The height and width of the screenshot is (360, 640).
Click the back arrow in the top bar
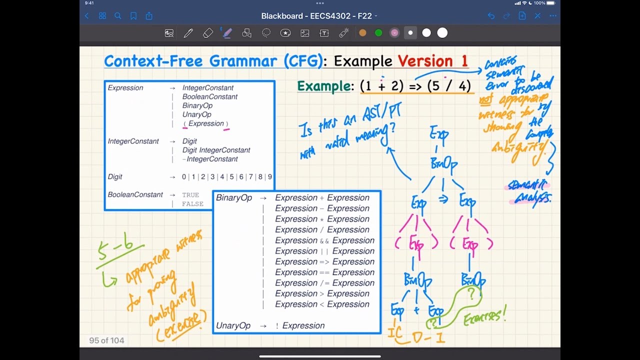(x=86, y=16)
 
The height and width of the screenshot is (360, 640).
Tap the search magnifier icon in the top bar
(x=118, y=16)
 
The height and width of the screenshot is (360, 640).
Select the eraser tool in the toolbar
(x=208, y=33)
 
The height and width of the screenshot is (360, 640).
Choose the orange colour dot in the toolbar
(x=362, y=33)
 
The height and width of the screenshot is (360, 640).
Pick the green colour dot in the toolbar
(x=378, y=33)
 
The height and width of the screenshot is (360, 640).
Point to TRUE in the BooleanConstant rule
(x=190, y=195)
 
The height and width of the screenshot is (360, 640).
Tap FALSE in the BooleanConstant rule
(x=192, y=204)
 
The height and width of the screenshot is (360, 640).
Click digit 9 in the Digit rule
(x=270, y=177)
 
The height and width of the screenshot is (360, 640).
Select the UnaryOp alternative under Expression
(x=196, y=114)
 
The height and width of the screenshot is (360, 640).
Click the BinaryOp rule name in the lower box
(x=234, y=198)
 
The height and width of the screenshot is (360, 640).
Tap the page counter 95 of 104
(x=106, y=340)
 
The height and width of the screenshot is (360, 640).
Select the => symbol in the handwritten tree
(x=443, y=200)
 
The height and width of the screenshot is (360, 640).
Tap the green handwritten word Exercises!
(x=484, y=315)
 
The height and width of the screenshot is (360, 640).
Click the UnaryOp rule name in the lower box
(x=233, y=325)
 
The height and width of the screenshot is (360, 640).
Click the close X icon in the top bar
(x=537, y=16)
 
